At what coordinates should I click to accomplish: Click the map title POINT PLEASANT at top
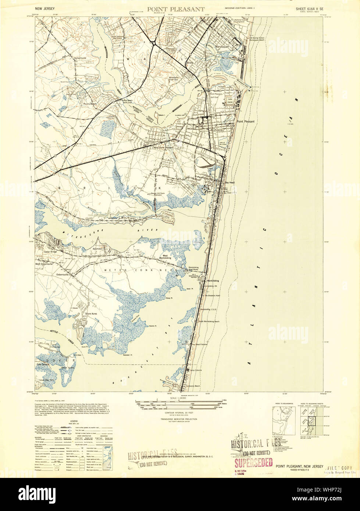(176, 10)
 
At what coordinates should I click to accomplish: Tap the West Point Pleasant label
(163, 147)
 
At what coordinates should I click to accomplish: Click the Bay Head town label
(229, 182)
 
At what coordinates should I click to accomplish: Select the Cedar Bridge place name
(51, 252)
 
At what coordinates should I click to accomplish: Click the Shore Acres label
(91, 314)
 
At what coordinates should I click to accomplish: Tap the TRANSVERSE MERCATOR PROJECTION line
(179, 419)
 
